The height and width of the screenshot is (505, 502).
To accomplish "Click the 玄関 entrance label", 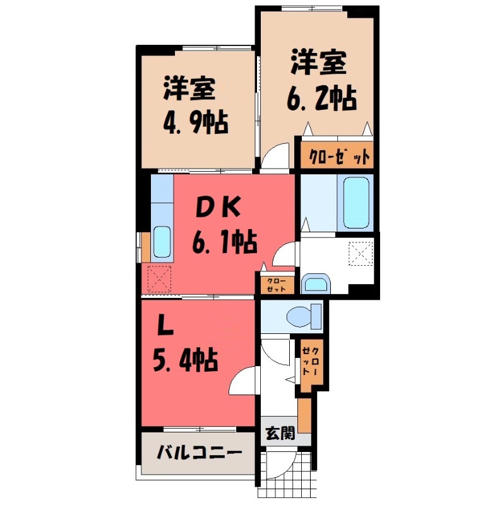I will coord(279,434).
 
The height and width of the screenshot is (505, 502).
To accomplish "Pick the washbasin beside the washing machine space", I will coord(315,283).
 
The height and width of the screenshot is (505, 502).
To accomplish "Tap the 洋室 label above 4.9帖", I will coord(189,90).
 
